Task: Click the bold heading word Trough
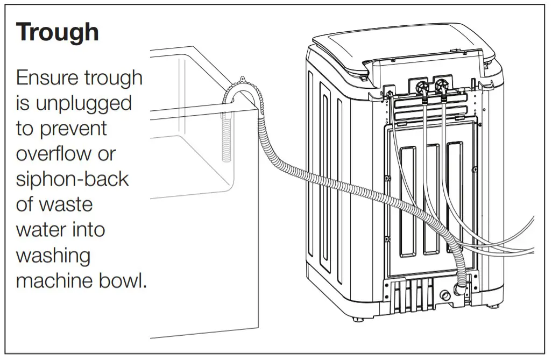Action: point(57,32)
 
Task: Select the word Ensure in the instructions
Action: point(47,78)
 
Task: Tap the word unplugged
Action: point(83,103)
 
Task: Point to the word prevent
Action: point(75,129)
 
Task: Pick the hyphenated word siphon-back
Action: point(72,179)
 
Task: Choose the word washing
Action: point(53,255)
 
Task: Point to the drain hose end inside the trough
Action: point(227,140)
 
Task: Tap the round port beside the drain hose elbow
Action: point(444,295)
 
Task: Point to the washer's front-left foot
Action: point(358,318)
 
